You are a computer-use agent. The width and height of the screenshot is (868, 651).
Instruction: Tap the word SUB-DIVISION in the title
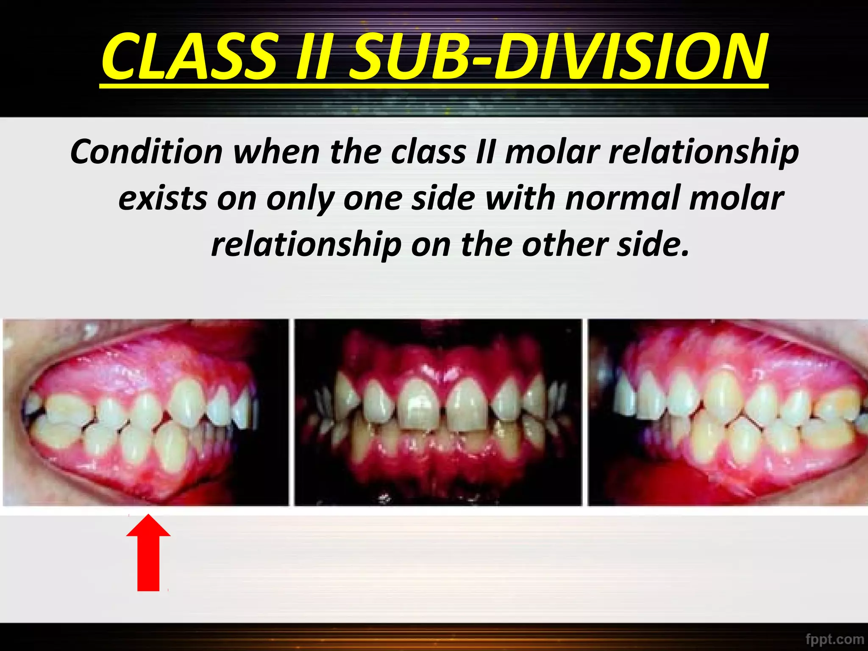(559, 57)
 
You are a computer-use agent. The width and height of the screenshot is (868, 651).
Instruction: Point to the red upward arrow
(148, 553)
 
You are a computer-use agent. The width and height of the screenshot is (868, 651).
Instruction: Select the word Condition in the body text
(146, 152)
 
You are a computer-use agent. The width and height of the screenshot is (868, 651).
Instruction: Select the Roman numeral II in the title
(312, 57)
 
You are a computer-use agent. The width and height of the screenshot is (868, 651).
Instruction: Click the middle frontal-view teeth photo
(438, 412)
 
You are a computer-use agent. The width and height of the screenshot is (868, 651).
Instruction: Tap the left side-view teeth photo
(145, 412)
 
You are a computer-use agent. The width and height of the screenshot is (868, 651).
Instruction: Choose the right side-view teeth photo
(727, 412)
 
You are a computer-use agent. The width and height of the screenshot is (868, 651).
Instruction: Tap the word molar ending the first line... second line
(736, 198)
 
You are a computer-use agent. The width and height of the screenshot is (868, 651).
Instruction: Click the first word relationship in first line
(704, 152)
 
